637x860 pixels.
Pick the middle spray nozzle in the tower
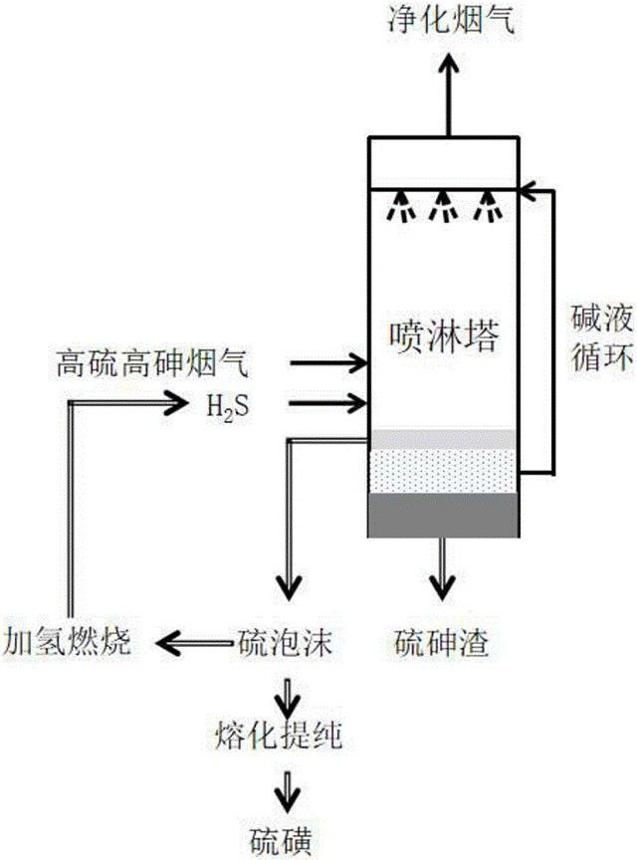(x=443, y=207)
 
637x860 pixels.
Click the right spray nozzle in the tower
(x=487, y=207)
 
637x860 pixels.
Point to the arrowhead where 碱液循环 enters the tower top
(x=530, y=187)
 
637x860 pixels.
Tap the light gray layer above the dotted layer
(x=443, y=440)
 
